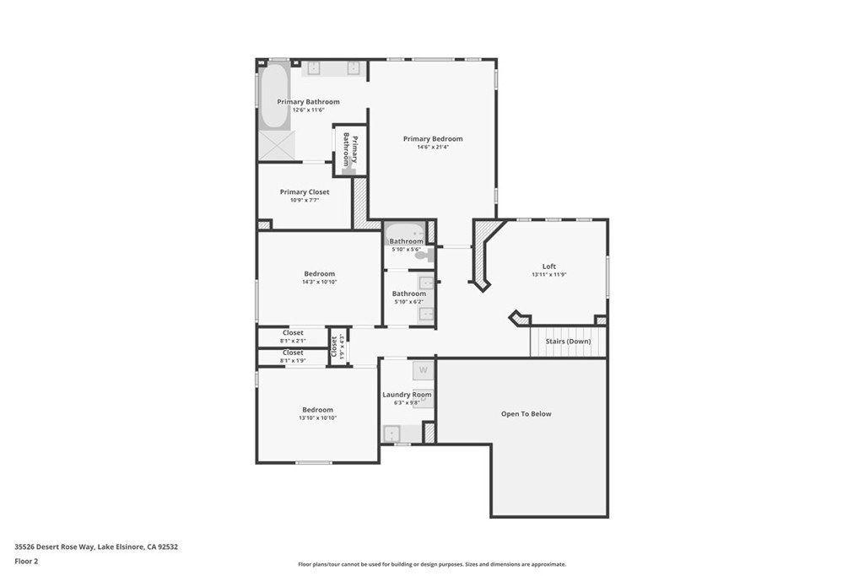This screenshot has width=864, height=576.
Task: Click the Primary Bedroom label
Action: coord(432,139)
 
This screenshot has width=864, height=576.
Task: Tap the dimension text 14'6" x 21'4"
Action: coord(432,148)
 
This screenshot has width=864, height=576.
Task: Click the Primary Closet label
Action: coord(305,192)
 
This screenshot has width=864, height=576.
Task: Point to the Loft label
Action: coord(548,266)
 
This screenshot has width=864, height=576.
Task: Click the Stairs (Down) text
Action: coord(567,342)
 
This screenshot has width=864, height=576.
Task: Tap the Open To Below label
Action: coord(526,414)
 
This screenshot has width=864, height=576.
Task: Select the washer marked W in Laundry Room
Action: coord(423,370)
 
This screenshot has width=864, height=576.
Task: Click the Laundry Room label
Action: coord(407,395)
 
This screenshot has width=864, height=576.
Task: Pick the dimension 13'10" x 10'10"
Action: coord(317,418)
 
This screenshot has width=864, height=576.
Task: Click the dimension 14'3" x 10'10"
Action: coord(319,282)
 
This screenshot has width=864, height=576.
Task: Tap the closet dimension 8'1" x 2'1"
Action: coord(293,341)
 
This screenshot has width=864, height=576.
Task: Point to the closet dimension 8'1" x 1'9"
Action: coord(293,361)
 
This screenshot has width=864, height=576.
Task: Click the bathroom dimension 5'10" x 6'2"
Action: coord(408,302)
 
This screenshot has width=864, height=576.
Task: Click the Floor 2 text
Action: coord(26,561)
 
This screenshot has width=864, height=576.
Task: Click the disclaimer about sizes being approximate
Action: coord(432,564)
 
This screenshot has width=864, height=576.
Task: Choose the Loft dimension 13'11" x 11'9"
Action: coord(548,275)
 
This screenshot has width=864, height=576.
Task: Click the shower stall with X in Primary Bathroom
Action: coord(276,144)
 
